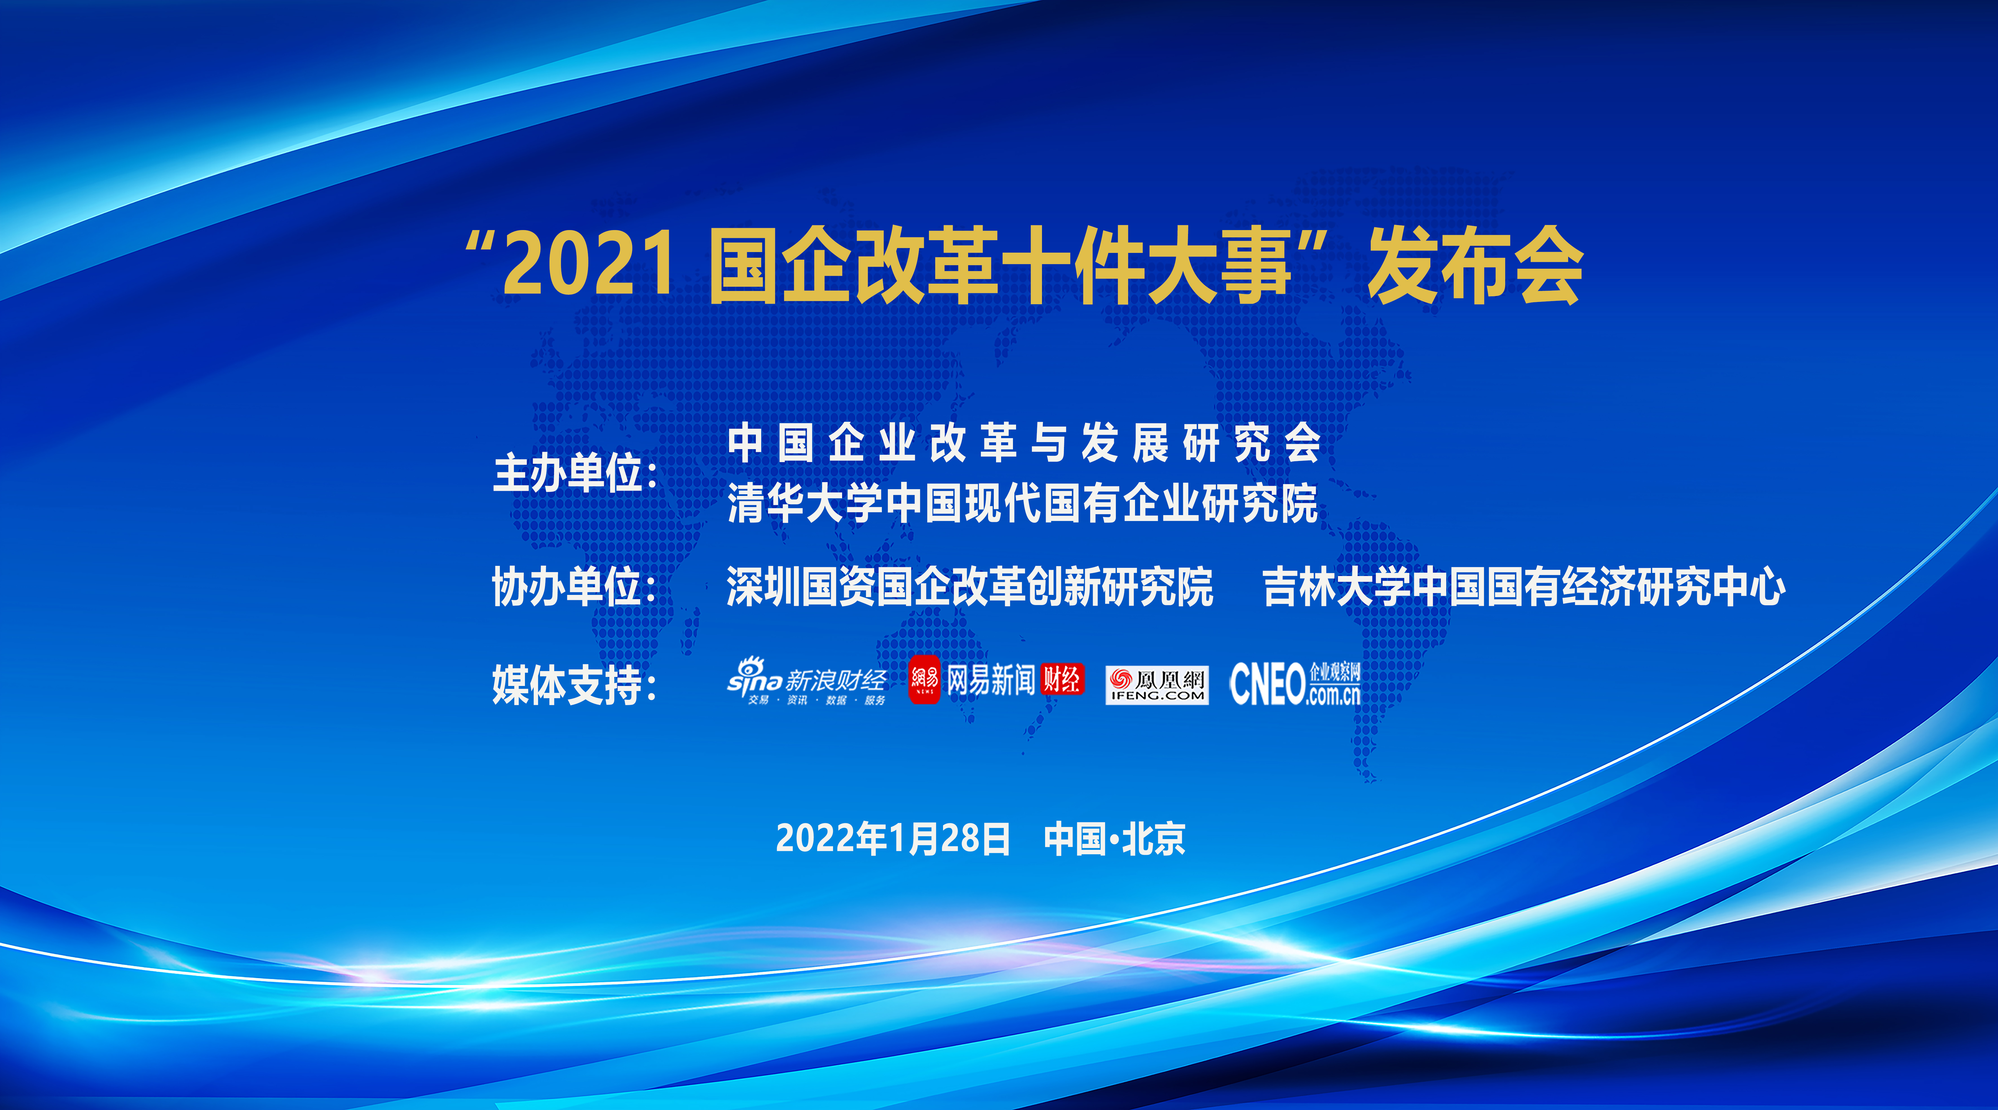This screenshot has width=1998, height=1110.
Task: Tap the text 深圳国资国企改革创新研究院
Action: [970, 586]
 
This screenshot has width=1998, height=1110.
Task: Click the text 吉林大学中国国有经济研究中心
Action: [1524, 586]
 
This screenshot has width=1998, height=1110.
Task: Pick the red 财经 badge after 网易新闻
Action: [1062, 679]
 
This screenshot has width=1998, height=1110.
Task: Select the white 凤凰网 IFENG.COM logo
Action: [1156, 685]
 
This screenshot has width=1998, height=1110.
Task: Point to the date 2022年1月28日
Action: [893, 838]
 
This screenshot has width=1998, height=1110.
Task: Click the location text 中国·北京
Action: [1114, 838]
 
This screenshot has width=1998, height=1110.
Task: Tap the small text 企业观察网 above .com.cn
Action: [1335, 672]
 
